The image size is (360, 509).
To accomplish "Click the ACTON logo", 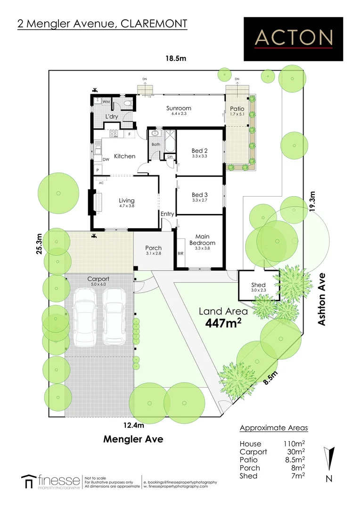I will [x=294, y=38].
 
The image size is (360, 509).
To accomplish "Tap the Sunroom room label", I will [x=179, y=108].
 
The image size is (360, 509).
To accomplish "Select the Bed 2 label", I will [x=200, y=151].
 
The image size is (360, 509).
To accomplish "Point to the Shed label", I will [x=258, y=285].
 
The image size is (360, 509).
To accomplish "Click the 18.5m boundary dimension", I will [x=176, y=59].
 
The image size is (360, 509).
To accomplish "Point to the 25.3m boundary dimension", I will [x=40, y=244].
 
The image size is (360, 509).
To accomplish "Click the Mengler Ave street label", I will [x=133, y=439].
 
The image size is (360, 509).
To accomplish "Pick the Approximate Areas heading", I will [x=273, y=428].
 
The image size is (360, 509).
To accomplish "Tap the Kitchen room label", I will [x=125, y=156].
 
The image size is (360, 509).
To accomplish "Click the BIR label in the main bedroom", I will [x=180, y=253].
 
